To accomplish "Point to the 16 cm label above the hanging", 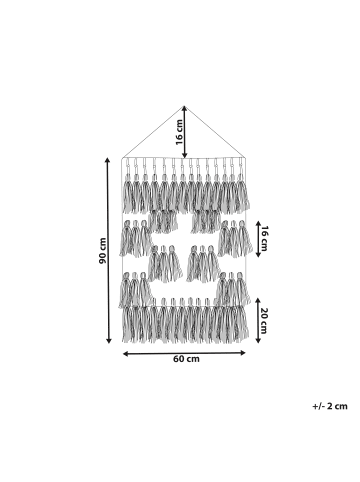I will [x=181, y=129].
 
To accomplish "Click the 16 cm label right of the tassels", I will [x=265, y=238].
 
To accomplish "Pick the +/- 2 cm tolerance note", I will [x=328, y=406].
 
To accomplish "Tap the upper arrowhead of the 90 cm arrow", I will [x=109, y=158].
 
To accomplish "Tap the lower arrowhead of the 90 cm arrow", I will [x=109, y=340].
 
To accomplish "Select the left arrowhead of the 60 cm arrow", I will [x=124, y=351].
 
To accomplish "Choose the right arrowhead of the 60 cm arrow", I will [x=245, y=351].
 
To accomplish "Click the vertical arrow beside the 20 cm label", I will [x=256, y=320].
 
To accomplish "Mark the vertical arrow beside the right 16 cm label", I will [x=256, y=238].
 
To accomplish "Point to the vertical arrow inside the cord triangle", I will [x=184, y=129].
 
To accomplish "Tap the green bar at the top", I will [x=180, y=30].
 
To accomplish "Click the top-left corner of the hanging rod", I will [x=122, y=156].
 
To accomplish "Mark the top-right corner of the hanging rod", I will [x=246, y=156].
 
